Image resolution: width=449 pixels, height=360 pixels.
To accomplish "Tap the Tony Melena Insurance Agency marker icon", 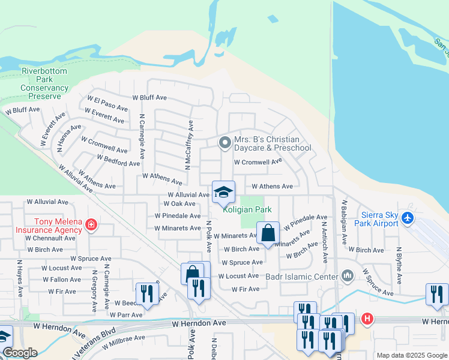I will (91, 226).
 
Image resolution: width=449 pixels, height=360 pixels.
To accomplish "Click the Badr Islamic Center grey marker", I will (348, 276).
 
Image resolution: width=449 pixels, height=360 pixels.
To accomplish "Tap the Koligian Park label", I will (247, 209).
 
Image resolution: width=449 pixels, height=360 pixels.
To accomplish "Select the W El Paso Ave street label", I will (107, 103).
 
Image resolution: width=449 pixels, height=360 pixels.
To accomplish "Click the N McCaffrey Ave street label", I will (189, 145).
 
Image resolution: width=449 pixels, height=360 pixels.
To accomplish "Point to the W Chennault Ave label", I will (50, 238).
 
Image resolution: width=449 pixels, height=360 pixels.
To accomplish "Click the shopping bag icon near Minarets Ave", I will (268, 232).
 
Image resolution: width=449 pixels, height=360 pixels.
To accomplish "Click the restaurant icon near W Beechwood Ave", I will (145, 292).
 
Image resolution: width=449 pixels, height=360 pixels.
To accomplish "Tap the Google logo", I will (20, 353).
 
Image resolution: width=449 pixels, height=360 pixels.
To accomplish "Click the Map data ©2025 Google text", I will (412, 355).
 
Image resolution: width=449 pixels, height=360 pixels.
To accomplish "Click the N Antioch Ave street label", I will (324, 242).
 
